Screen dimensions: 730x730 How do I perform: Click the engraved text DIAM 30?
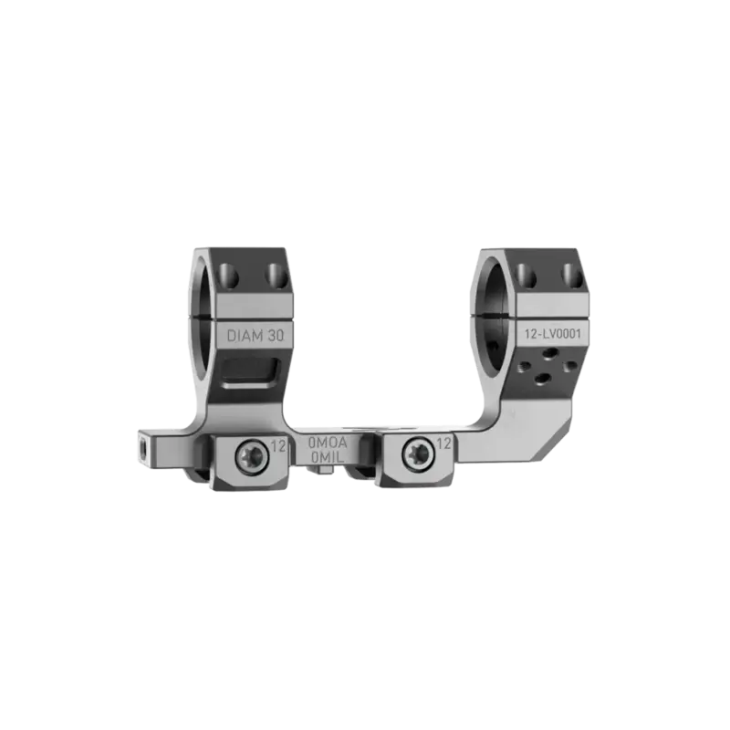[255, 335]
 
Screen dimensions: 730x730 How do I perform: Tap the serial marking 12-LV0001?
[553, 334]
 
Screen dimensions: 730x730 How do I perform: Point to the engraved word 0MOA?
[328, 443]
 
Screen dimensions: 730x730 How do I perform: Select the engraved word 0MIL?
[328, 458]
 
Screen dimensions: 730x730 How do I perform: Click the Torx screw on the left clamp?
[252, 457]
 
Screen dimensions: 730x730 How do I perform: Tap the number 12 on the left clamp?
[278, 446]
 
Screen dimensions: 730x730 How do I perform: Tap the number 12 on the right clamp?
[444, 444]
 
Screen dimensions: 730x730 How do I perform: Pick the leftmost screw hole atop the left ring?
[229, 276]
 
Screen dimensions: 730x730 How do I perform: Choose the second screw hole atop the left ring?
[276, 276]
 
